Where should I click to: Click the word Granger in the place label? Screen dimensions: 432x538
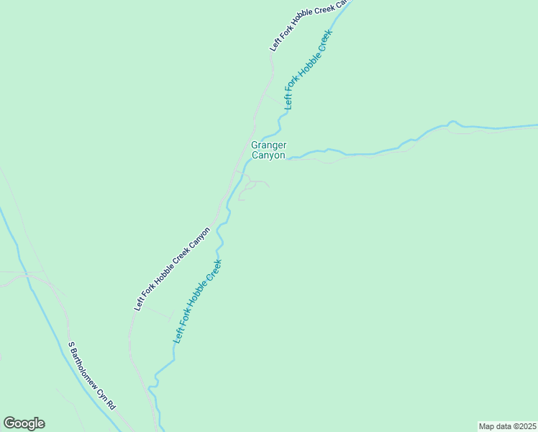tap(268, 145)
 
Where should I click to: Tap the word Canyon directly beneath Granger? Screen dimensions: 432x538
tap(268, 155)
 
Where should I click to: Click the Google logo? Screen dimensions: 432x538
tap(24, 423)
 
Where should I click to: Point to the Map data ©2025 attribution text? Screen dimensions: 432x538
tap(507, 426)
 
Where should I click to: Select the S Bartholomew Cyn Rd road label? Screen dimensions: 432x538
tap(91, 375)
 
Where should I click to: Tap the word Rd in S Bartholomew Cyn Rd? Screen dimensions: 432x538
tap(111, 405)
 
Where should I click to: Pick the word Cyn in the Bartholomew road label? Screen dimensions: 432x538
tap(103, 392)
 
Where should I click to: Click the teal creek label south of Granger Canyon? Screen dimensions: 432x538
tap(198, 300)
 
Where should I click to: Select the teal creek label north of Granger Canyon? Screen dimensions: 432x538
tap(309, 69)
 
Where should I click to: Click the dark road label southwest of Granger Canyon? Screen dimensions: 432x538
tap(173, 269)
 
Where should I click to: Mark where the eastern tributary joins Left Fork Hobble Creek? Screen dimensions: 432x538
tap(287, 158)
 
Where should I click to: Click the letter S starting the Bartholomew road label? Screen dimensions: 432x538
tap(70, 344)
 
